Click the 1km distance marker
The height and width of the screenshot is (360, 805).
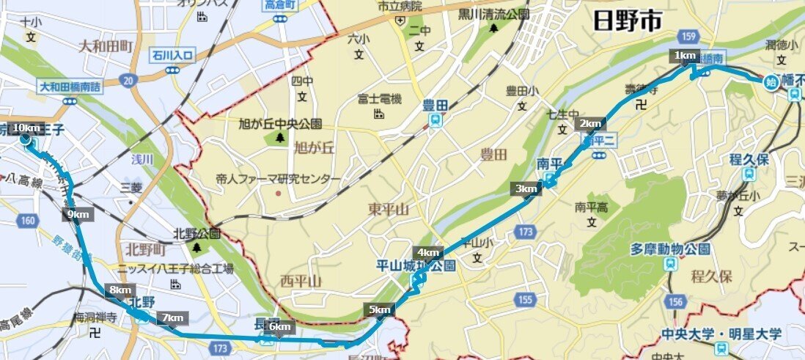pyautogui.click(x=685, y=56)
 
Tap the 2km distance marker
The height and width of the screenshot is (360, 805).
pyautogui.click(x=590, y=122)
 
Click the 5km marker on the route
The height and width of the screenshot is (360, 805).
pyautogui.click(x=379, y=309)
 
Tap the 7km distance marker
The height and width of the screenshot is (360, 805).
pyautogui.click(x=173, y=317)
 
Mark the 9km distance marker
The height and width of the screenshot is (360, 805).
pyautogui.click(x=77, y=214)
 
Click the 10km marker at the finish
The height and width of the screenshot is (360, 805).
pyautogui.click(x=27, y=127)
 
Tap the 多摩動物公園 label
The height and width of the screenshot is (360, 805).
pyautogui.click(x=670, y=249)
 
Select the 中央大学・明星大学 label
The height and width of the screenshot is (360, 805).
pyautogui.click(x=721, y=334)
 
